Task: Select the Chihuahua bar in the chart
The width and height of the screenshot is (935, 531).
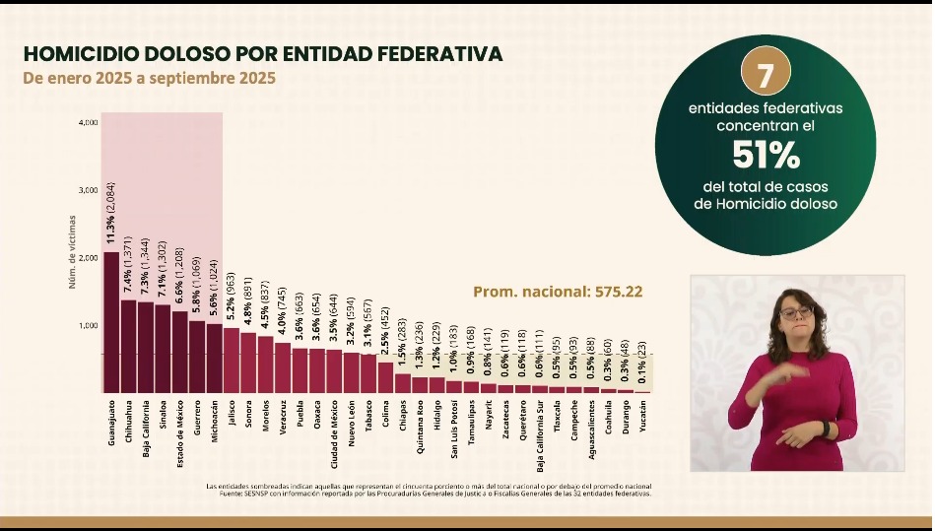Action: (128, 346)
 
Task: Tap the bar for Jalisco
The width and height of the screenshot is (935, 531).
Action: (232, 361)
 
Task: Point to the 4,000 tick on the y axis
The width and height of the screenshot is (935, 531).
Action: (88, 122)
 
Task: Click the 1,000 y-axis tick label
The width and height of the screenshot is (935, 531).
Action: (88, 325)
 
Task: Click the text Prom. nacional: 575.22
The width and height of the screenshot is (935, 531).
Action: (558, 292)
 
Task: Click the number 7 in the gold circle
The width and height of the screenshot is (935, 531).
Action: (765, 74)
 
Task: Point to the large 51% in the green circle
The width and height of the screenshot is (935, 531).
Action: (765, 155)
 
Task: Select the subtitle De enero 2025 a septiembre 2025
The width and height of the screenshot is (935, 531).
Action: (149, 77)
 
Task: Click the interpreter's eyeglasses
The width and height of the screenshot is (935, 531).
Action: (795, 312)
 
